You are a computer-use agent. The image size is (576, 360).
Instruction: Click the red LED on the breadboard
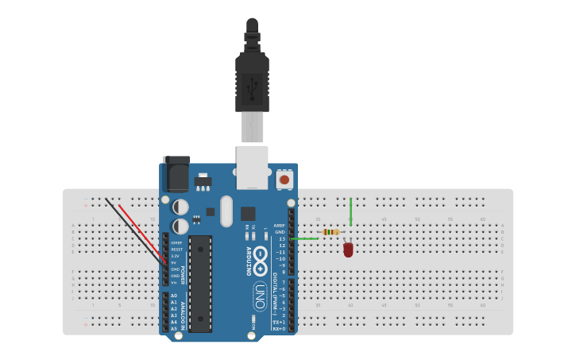pyautogui.click(x=348, y=250)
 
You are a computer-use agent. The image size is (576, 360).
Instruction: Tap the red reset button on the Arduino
pyautogui.click(x=284, y=180)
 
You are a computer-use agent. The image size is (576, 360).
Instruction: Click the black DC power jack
pyautogui.click(x=176, y=173)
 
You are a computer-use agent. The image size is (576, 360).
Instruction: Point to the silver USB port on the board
pyautogui.click(x=252, y=167)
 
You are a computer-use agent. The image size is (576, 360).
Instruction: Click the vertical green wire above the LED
pyautogui.click(x=350, y=211)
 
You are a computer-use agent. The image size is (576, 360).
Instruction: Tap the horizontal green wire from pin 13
pyautogui.click(x=305, y=238)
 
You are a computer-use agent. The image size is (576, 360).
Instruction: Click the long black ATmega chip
pyautogui.click(x=200, y=282)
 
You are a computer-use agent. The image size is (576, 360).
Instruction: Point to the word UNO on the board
pyautogui.click(x=259, y=296)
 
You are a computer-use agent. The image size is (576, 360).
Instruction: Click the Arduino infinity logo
pyautogui.click(x=260, y=268)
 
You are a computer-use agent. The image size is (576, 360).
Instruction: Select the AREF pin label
pyautogui.click(x=280, y=226)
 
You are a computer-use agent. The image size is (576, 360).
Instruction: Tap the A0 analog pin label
pyautogui.click(x=174, y=296)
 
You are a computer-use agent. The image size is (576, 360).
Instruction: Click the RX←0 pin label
pyautogui.click(x=278, y=328)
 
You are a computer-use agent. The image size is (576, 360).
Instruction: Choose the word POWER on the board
pyautogui.click(x=182, y=275)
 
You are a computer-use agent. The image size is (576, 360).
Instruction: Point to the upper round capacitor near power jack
pyautogui.click(x=180, y=207)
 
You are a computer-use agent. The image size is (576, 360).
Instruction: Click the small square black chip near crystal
pyautogui.click(x=248, y=213)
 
